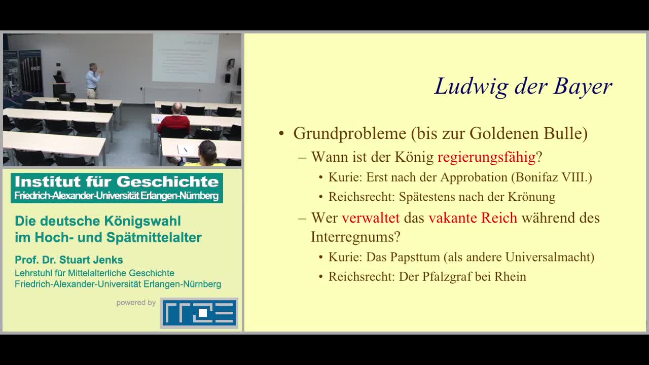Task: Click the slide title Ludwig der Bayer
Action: tap(523, 87)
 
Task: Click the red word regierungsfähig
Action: tap(486, 157)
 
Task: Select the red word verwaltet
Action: tap(371, 218)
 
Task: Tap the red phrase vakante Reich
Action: tap(473, 218)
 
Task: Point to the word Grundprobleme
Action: tap(350, 134)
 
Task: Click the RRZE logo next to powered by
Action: tap(199, 313)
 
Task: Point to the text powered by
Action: tap(136, 303)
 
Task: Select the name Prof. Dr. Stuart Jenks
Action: tap(69, 260)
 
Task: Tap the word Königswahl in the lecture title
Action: tap(142, 221)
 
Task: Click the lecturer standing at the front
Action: tap(93, 80)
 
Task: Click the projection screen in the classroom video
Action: tap(186, 58)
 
